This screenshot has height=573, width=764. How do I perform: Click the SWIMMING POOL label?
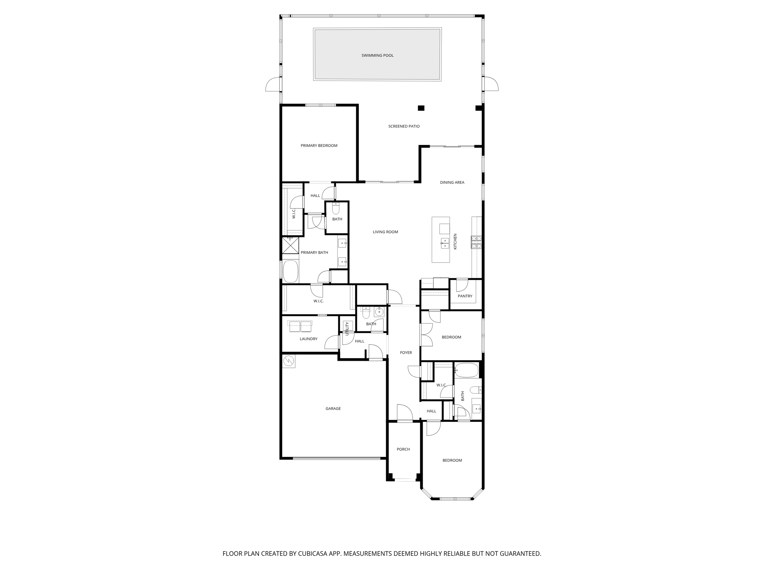point(377,56)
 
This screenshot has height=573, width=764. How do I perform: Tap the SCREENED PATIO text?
point(404,126)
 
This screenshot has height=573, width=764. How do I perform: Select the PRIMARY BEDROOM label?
point(319,146)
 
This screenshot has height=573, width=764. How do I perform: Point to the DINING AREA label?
point(452,183)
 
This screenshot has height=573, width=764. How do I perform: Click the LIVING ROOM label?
point(385,232)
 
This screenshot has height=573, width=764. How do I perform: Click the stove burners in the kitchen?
point(476,242)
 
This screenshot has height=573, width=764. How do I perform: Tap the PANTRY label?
point(465,296)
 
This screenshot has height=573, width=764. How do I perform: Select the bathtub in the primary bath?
point(291,271)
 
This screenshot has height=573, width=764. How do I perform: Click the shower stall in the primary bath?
point(290,245)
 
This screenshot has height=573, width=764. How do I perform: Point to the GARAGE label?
point(333,409)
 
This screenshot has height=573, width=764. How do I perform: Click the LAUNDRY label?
point(309,339)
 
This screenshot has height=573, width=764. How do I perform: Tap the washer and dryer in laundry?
point(300,326)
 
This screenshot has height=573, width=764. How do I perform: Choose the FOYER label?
point(406,353)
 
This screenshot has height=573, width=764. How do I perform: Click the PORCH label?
point(403,450)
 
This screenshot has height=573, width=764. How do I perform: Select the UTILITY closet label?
point(347,329)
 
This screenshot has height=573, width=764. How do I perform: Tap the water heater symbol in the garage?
point(288,361)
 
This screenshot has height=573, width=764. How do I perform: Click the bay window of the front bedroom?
point(452,498)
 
